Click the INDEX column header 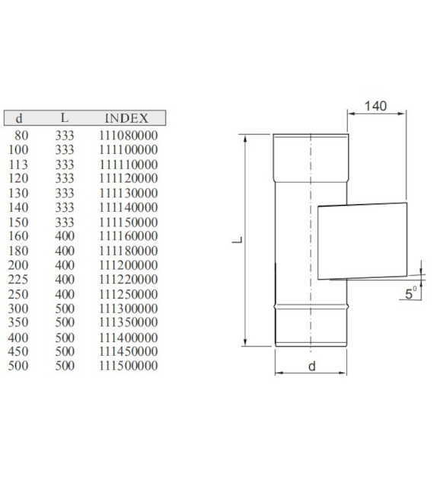pyautogui.click(x=126, y=118)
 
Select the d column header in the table pyautogui.click(x=19, y=118)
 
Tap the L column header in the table pyautogui.click(x=64, y=117)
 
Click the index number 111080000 pyautogui.click(x=128, y=136)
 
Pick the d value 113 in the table pyautogui.click(x=18, y=165)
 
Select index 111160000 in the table pyautogui.click(x=128, y=236)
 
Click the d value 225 pyautogui.click(x=18, y=280)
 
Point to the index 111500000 pyautogui.click(x=128, y=366)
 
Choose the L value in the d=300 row pyautogui.click(x=65, y=309)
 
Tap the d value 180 pyautogui.click(x=18, y=251)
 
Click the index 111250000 pyautogui.click(x=128, y=295)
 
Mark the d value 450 pyautogui.click(x=18, y=351)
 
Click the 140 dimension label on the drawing pyautogui.click(x=375, y=106)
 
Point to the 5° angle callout pyautogui.click(x=410, y=293)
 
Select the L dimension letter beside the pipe pyautogui.click(x=238, y=240)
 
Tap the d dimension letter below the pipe pyautogui.click(x=311, y=366)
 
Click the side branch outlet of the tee pyautogui.click(x=362, y=242)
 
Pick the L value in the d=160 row pyautogui.click(x=65, y=236)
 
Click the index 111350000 pyautogui.click(x=128, y=322)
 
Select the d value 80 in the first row pyautogui.click(x=21, y=136)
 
